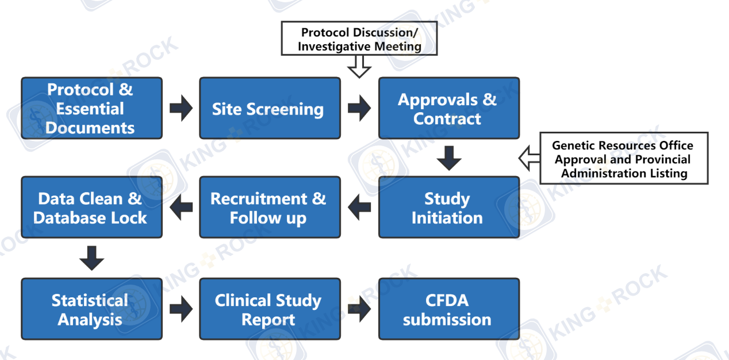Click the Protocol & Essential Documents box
(x=92, y=108)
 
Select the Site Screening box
(x=270, y=108)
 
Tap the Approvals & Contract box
(x=449, y=108)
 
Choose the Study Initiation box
(x=449, y=208)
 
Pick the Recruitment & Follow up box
(x=270, y=208)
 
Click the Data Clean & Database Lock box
(x=92, y=208)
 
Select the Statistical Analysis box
(x=92, y=309)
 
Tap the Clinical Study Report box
(x=270, y=309)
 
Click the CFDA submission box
(x=449, y=309)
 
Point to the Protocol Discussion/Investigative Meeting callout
(x=359, y=39)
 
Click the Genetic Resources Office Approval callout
(x=624, y=158)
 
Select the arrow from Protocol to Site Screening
(x=181, y=108)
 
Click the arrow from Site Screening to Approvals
(x=359, y=108)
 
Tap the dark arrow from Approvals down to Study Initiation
(x=449, y=158)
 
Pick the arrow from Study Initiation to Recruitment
(x=359, y=207)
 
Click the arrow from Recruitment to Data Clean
(x=181, y=207)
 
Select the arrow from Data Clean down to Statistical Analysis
(x=92, y=258)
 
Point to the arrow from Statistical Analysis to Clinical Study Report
(x=181, y=309)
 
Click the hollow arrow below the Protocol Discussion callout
(x=359, y=67)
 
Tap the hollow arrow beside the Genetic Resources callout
(x=530, y=158)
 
